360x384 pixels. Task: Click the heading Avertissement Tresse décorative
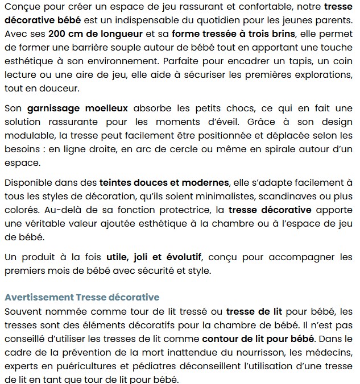tap(82, 297)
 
